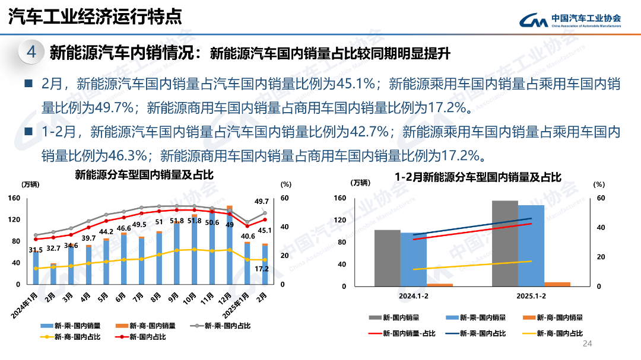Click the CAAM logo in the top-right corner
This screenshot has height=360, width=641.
(570, 20)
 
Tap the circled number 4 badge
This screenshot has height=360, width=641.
(31, 53)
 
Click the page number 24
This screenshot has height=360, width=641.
(588, 344)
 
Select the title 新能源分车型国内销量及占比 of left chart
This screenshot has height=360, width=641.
(144, 174)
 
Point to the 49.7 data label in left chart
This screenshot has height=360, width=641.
(262, 202)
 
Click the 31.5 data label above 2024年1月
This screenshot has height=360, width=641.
(35, 250)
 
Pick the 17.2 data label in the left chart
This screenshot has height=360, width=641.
(262, 269)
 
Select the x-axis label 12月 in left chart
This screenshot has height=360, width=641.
(226, 298)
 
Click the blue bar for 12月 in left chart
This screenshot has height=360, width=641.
(229, 249)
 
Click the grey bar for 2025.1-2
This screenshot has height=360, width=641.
(505, 243)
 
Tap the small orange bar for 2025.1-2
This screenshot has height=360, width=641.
(557, 284)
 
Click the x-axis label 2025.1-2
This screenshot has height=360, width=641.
(531, 295)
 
